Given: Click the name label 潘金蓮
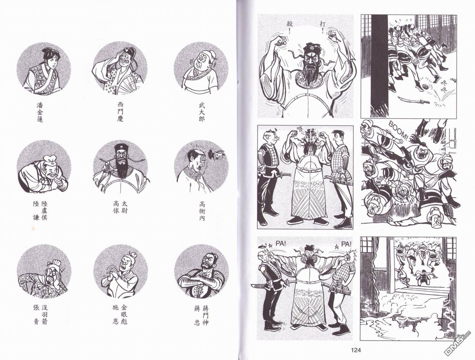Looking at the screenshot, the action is click(40, 112).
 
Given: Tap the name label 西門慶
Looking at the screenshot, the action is click(120, 112).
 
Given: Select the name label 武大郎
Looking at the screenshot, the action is click(202, 112).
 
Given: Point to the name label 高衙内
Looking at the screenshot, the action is click(202, 211).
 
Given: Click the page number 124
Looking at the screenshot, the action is click(356, 350).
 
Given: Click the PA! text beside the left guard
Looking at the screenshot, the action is click(281, 244).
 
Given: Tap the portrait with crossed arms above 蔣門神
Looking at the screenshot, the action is click(201, 272).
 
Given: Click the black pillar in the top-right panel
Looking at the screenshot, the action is click(379, 65).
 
